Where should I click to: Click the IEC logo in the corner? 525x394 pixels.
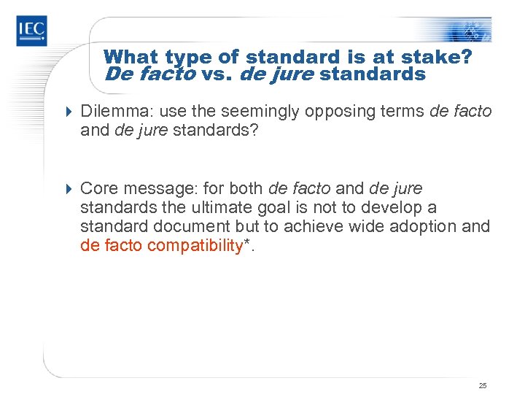(x=31, y=31)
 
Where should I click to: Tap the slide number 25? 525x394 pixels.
(x=483, y=385)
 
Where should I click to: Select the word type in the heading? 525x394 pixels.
(x=187, y=57)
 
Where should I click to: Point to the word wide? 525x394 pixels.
(x=365, y=226)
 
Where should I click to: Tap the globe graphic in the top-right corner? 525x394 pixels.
(x=470, y=29)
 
